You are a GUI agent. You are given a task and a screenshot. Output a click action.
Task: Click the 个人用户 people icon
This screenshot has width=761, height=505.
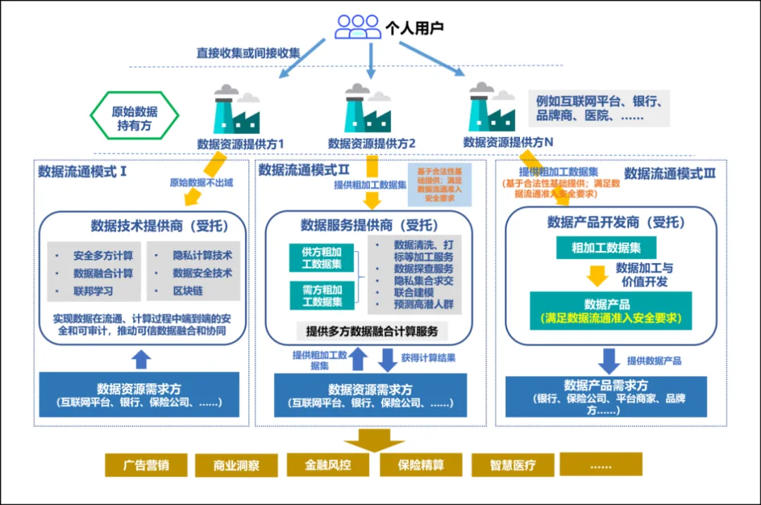click(357, 27)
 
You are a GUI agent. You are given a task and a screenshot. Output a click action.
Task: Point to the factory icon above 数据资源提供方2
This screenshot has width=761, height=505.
click(367, 109)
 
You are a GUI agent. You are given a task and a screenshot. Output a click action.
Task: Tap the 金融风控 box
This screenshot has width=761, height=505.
click(328, 465)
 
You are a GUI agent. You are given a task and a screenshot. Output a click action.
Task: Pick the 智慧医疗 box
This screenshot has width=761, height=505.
click(513, 465)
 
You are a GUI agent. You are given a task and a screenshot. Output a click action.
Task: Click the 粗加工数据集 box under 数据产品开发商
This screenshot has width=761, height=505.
click(605, 248)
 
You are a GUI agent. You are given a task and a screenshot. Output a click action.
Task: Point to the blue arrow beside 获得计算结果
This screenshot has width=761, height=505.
click(388, 358)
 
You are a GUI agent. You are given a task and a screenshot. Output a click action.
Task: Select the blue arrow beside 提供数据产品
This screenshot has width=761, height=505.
click(609, 360)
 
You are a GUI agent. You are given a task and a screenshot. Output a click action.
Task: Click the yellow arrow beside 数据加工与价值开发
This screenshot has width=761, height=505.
click(598, 275)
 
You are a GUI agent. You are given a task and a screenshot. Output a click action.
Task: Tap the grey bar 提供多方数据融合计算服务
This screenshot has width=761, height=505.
click(372, 331)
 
